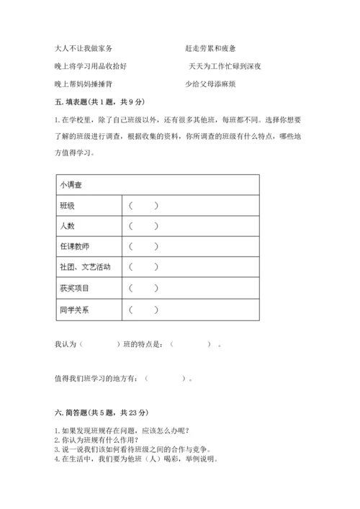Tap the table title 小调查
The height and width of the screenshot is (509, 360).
coord(72,185)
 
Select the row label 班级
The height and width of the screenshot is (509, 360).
coord(68,206)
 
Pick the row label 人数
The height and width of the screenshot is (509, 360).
coord(68,227)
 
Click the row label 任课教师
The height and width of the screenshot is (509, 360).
coord(75,247)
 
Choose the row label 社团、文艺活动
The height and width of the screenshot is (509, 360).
coord(86,268)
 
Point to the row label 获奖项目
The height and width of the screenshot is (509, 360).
coord(75,289)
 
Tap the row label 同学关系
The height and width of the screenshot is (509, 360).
coord(75,310)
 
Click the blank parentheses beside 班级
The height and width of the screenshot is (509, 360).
coord(144,206)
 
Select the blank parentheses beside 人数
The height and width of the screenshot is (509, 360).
coord(144,227)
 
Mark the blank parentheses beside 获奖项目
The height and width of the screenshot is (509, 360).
coord(144,289)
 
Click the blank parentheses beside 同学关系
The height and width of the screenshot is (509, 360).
coord(144,310)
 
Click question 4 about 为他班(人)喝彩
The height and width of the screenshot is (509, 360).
coord(135,459)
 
